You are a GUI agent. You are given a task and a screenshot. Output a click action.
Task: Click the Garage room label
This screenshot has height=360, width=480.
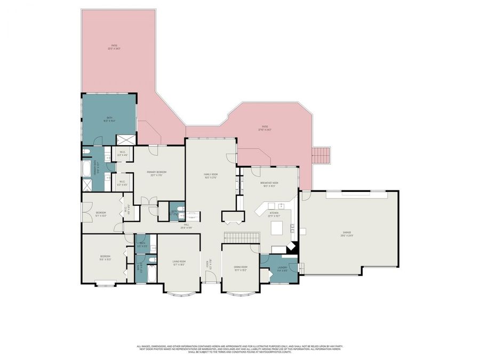347,234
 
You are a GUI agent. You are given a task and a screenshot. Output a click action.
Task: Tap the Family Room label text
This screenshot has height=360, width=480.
212,177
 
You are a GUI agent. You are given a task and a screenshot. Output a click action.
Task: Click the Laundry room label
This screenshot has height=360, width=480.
283,270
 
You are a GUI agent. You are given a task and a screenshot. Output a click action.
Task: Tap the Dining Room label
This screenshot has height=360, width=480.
240,268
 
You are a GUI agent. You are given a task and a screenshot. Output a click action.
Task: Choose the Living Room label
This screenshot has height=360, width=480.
178,263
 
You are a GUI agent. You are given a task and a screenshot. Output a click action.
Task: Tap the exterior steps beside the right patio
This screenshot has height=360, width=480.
321,155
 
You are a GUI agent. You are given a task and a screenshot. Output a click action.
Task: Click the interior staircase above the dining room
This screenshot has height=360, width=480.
241,237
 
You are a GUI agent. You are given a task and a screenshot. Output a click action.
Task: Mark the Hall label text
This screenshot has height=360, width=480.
187,226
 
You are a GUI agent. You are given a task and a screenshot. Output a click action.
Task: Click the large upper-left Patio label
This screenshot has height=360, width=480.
114,47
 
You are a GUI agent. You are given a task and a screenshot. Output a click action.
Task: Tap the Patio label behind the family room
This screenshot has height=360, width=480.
265,127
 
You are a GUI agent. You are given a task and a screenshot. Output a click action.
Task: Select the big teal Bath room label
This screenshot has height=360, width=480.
109,119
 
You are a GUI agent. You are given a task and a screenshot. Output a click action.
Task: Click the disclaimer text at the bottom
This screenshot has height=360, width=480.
240,349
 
